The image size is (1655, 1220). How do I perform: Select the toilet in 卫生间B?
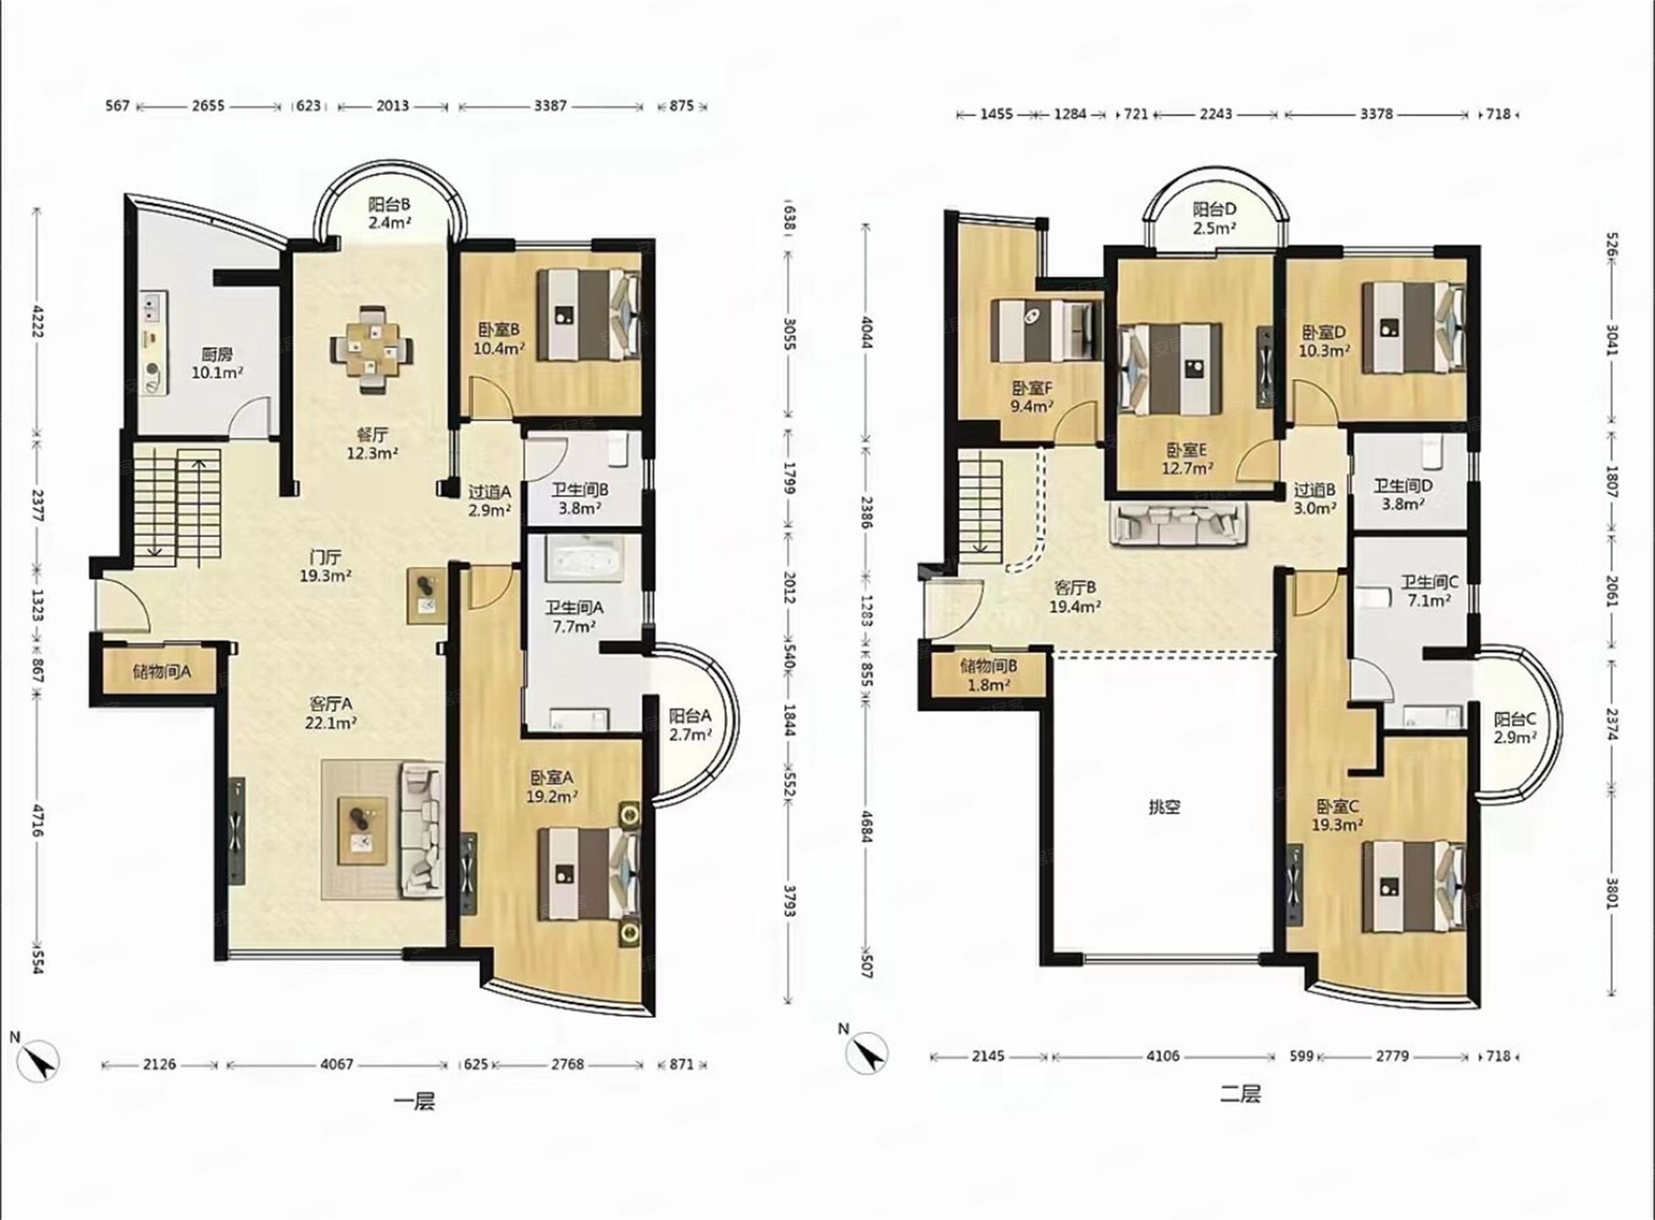[617, 450]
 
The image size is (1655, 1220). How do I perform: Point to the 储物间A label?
[162, 672]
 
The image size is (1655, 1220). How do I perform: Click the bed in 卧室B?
[587, 314]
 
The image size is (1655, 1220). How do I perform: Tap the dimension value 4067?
[337, 1064]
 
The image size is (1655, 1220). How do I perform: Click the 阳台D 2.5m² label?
[1214, 218]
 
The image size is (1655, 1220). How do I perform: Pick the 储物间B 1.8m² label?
[989, 675]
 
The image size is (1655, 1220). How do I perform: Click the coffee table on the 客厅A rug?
[362, 831]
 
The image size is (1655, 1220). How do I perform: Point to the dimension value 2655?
[207, 105]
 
